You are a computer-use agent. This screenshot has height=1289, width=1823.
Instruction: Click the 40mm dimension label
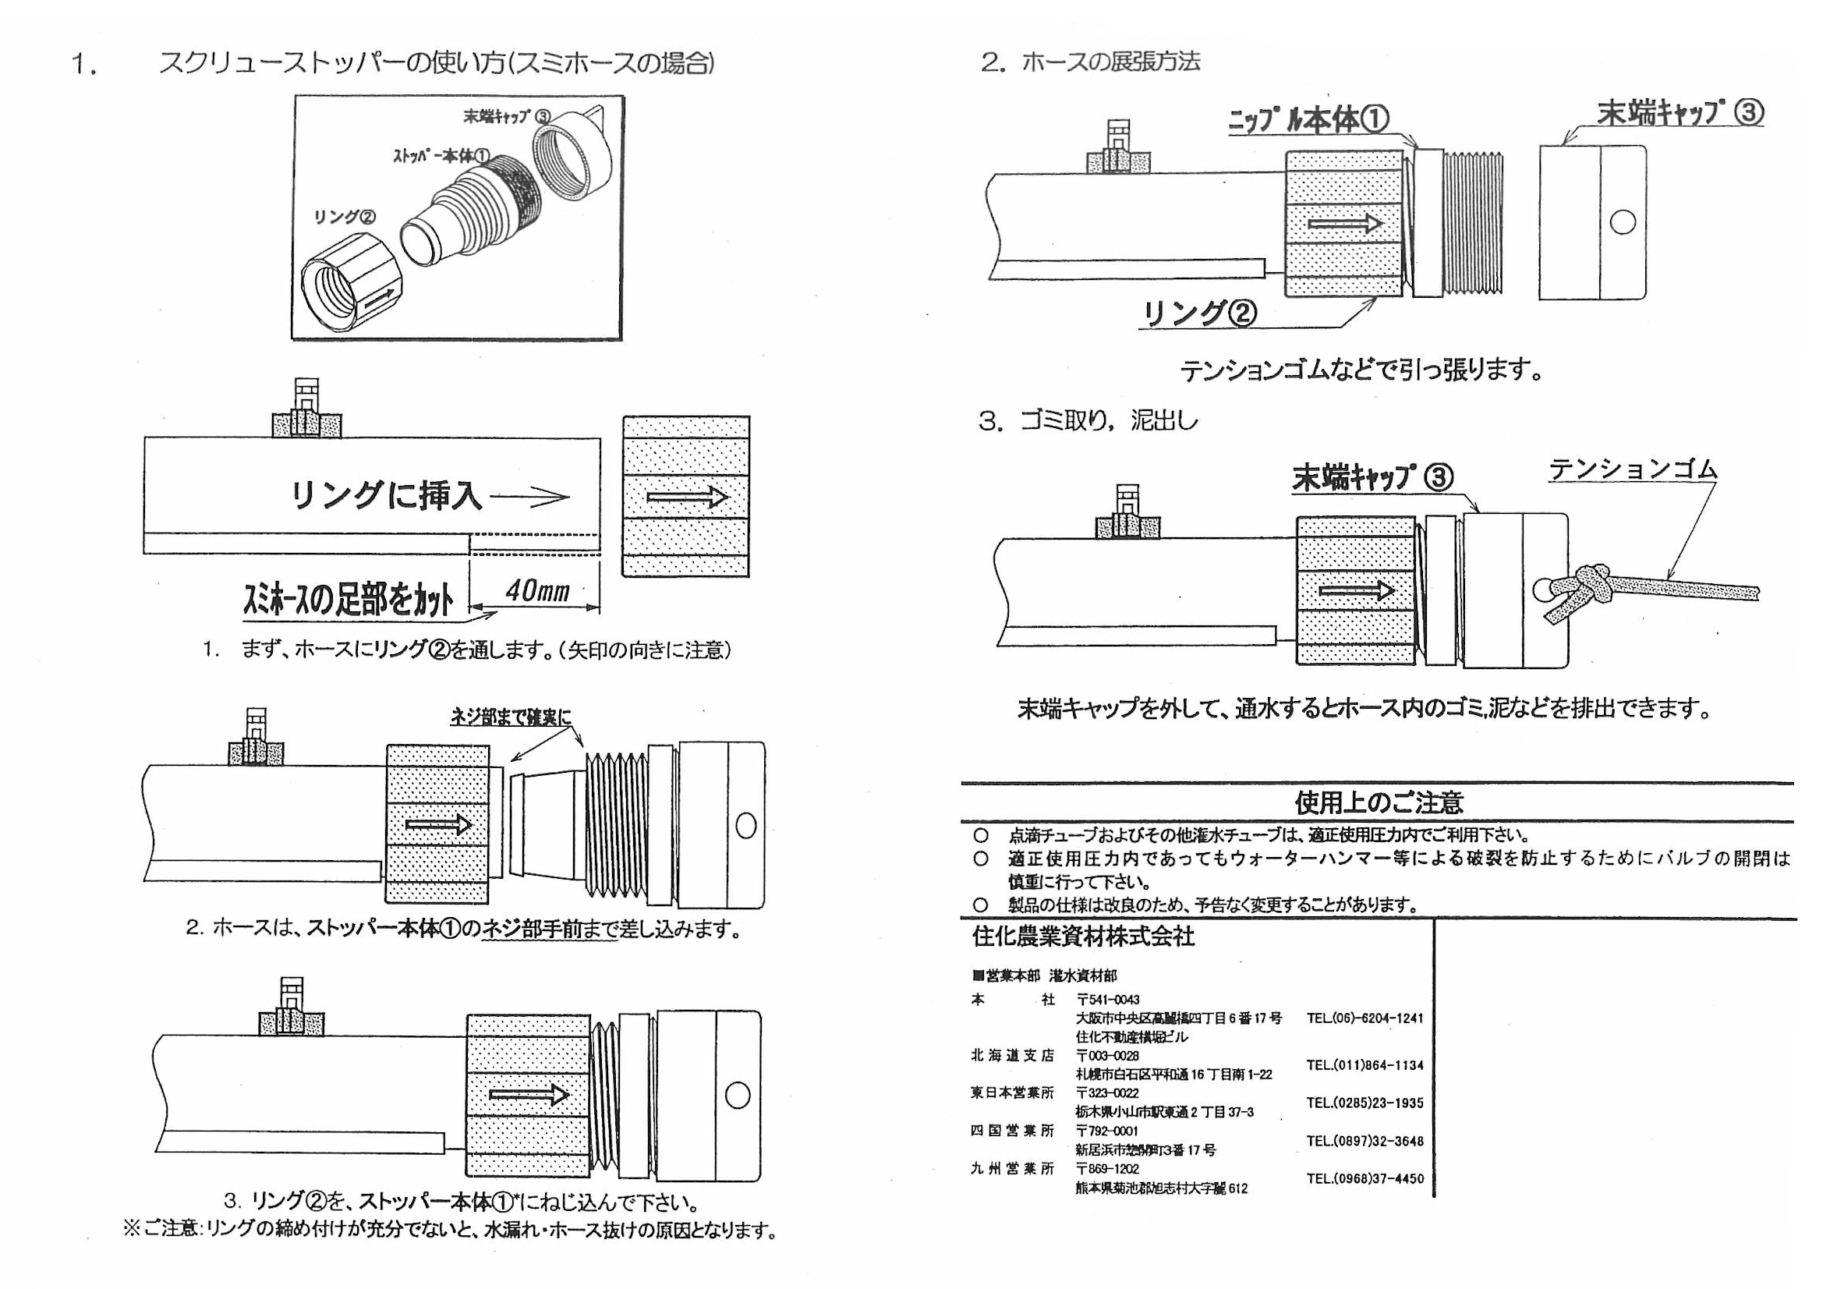(536, 590)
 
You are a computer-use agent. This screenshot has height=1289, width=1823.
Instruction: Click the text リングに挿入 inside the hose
(386, 495)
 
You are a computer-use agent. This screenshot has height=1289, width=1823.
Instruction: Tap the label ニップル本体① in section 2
(1308, 120)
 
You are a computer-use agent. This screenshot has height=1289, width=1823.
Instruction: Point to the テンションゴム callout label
(1633, 469)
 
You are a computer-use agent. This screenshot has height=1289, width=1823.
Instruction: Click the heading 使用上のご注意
(1379, 803)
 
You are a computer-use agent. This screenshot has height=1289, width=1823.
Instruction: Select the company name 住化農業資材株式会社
(1083, 937)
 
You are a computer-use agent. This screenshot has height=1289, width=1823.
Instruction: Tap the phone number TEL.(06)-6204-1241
(1365, 1018)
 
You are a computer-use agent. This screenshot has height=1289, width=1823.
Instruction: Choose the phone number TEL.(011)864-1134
(1365, 1065)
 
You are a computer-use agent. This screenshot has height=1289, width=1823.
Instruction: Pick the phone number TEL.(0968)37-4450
(1365, 1178)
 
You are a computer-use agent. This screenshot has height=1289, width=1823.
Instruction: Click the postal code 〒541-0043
(1108, 1000)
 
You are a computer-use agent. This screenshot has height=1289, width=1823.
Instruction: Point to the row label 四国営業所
(1011, 1131)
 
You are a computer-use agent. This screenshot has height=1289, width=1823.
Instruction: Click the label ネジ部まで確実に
(511, 717)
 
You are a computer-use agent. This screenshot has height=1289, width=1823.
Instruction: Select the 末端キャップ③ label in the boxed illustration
(507, 117)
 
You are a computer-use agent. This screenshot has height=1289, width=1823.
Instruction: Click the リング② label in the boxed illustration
(344, 217)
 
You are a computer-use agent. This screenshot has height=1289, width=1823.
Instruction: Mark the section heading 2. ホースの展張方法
(1090, 62)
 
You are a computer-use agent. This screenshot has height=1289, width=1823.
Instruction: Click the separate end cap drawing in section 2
(1592, 222)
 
